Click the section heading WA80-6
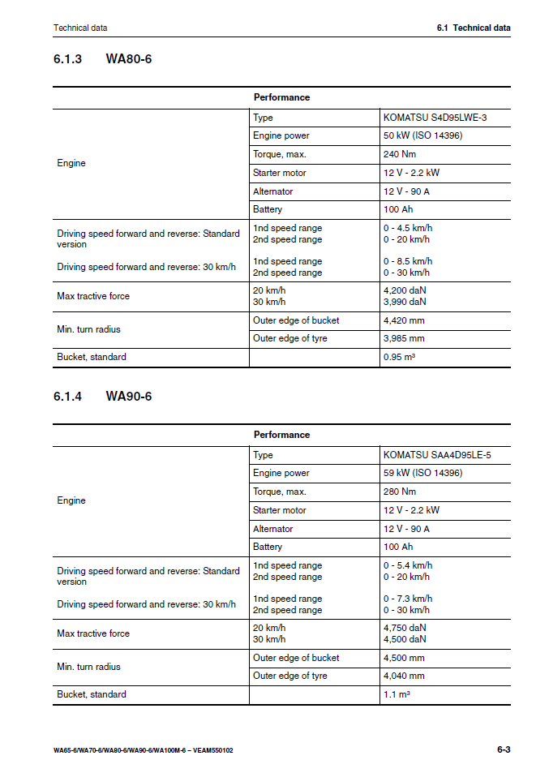[128, 59]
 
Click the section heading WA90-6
[128, 397]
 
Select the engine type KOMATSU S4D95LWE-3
[435, 118]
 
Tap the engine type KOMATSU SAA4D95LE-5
[436, 455]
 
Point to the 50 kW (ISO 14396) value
[422, 135]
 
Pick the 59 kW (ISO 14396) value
[422, 473]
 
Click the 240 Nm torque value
[400, 154]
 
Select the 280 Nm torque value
[400, 492]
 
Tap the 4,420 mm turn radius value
[404, 320]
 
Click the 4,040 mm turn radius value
[404, 676]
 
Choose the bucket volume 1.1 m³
[396, 694]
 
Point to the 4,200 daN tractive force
[405, 290]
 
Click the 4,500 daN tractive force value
[405, 639]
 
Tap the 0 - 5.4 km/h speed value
[408, 565]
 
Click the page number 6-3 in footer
[504, 749]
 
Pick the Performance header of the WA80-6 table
[281, 97]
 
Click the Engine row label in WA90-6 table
[71, 500]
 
